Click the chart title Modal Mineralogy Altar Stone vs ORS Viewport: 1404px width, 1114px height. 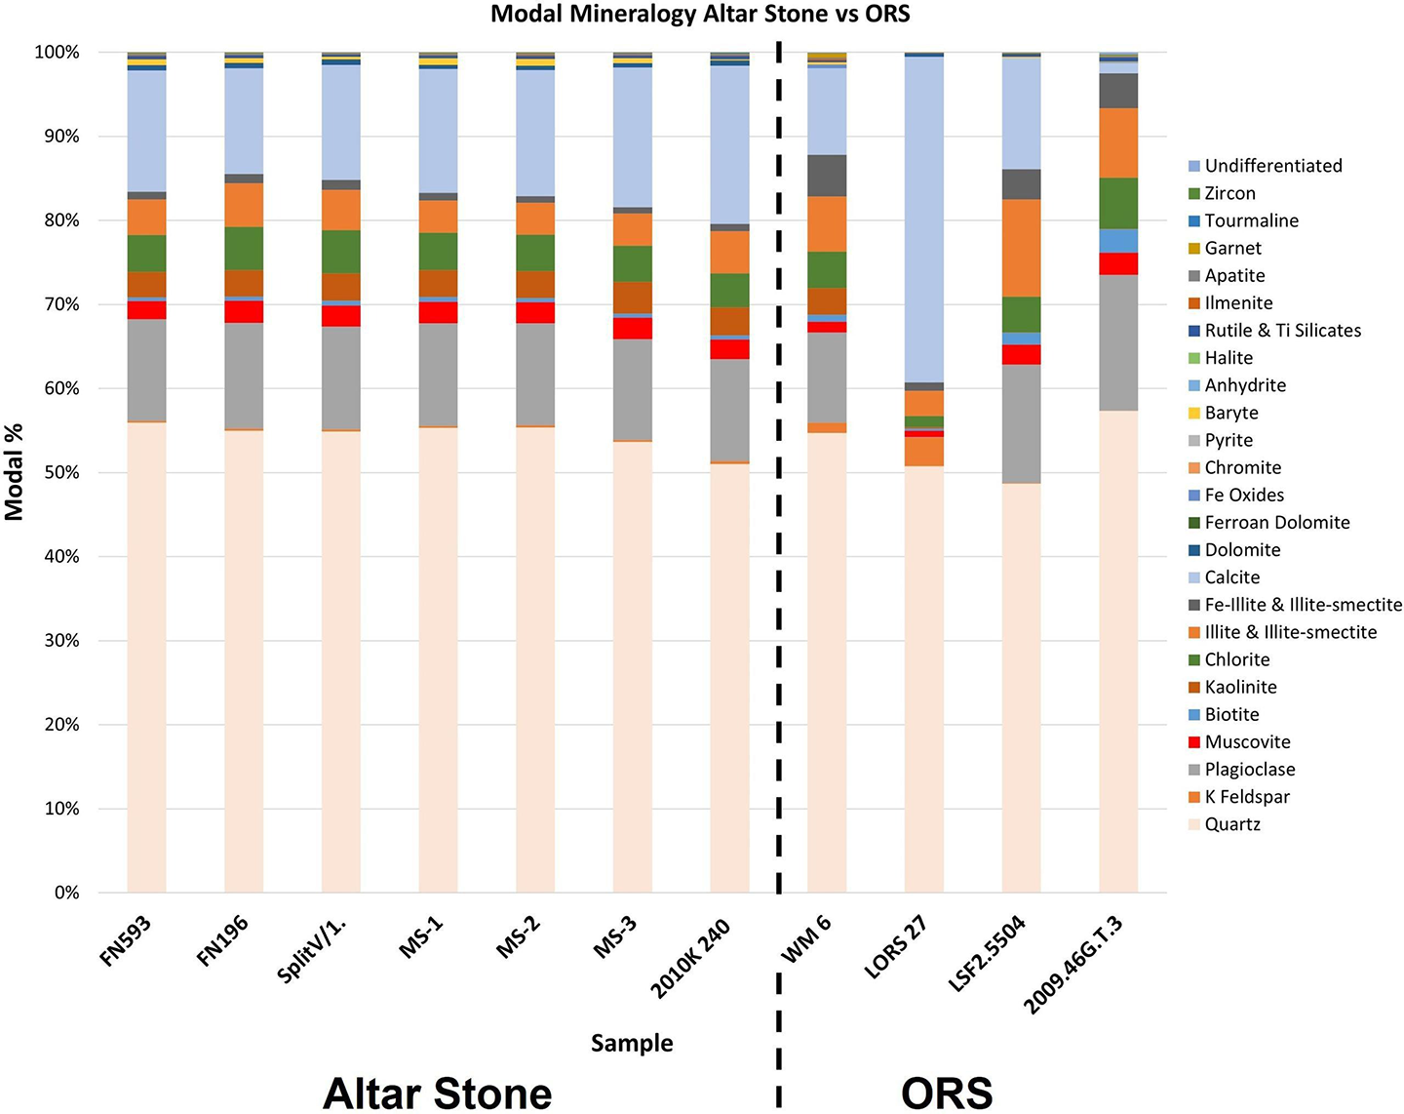point(700,14)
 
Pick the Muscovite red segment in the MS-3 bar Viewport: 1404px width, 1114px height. point(632,329)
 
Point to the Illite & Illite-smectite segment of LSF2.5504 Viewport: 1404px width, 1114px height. point(1021,248)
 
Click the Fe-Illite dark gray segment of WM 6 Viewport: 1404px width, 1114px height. point(827,176)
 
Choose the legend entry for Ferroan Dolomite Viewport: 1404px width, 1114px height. point(1276,522)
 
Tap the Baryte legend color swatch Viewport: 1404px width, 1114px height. point(1194,414)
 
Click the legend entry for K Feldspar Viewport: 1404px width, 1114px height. point(1246,796)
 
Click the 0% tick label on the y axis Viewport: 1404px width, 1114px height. point(65,893)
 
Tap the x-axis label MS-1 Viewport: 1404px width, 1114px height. point(421,939)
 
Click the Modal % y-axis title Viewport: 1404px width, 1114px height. point(15,472)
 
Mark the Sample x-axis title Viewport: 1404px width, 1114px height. point(632,1043)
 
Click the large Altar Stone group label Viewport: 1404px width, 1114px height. point(437,1093)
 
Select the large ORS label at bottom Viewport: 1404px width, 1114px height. point(946,1093)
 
